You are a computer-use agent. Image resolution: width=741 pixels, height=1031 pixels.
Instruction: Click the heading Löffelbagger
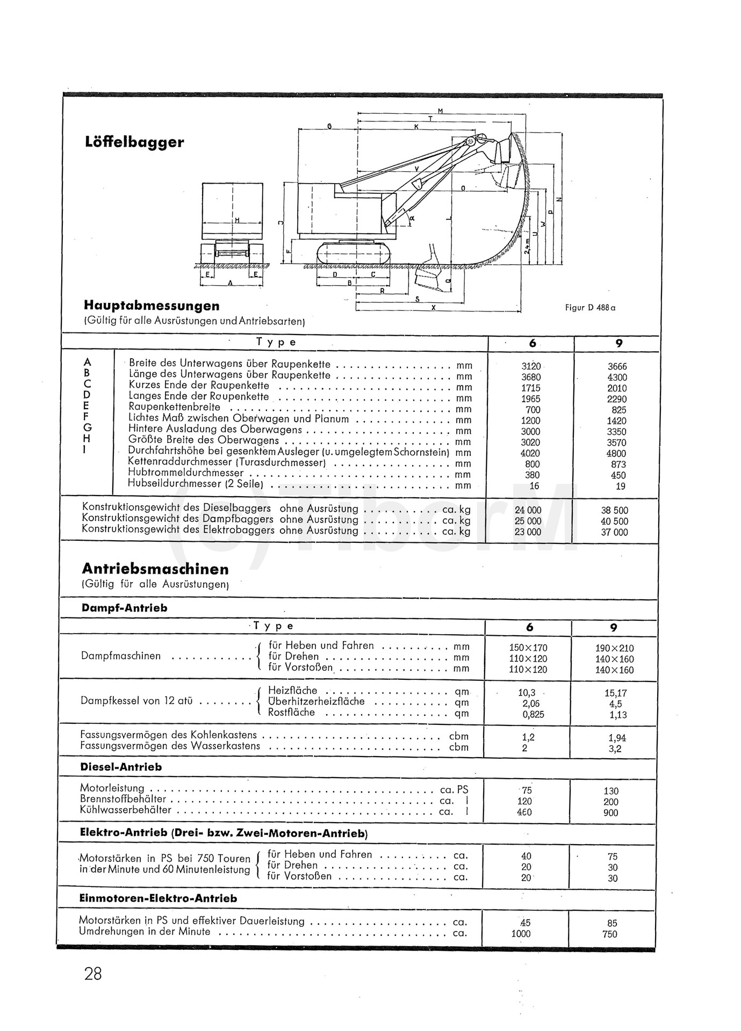134,142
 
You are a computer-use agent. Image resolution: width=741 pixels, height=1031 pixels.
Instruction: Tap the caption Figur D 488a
590,308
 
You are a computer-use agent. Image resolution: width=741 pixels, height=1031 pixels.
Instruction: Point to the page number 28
93,974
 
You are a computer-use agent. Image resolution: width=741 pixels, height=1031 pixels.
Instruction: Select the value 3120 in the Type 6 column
531,366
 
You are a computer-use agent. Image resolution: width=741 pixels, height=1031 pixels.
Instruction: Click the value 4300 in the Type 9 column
617,377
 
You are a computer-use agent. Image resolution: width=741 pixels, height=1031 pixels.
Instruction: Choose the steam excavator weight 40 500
614,521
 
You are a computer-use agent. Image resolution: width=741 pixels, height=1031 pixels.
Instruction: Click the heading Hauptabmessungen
152,306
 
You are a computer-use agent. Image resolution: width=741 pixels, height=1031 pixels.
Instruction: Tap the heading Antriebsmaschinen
155,569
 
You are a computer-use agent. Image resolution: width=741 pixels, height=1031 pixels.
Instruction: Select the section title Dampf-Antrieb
125,608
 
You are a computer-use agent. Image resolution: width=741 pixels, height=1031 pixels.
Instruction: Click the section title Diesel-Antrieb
121,767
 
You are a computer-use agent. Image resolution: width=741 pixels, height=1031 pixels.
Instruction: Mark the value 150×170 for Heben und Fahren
528,648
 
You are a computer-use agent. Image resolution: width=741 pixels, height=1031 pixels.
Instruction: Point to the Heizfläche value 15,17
615,693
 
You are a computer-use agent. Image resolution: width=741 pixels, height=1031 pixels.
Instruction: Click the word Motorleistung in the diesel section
112,788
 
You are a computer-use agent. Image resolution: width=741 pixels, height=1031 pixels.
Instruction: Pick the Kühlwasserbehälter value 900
611,812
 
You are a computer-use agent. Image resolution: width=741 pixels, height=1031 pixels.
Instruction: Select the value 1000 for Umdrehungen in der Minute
521,934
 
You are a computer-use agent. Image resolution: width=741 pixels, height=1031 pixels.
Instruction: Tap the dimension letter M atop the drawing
440,111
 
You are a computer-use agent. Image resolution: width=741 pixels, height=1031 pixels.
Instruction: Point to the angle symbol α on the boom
412,217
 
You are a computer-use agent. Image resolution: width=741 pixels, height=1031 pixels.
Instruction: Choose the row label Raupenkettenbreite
174,407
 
